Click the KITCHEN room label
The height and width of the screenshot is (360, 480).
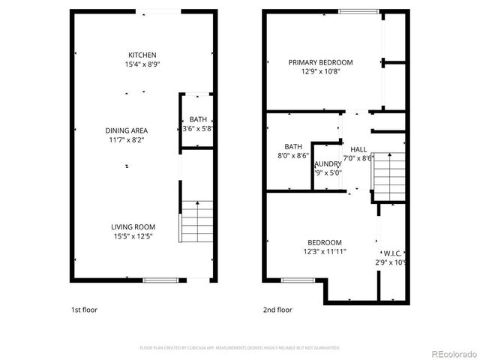(142, 55)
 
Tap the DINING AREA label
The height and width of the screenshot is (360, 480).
(126, 130)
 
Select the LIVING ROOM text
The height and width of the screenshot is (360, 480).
(133, 227)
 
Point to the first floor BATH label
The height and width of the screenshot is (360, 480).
(198, 119)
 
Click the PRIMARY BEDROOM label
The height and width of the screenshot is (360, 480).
(320, 63)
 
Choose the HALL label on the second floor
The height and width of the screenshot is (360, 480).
(358, 149)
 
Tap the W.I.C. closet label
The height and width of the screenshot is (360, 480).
(394, 253)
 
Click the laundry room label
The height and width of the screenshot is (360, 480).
(328, 163)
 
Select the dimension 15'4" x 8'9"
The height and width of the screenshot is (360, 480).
(144, 64)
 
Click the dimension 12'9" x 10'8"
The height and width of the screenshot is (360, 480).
(320, 72)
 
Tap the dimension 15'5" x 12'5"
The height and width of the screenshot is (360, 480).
(133, 237)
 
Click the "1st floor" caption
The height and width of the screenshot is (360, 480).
(83, 310)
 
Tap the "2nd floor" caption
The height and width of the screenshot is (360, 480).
(277, 310)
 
